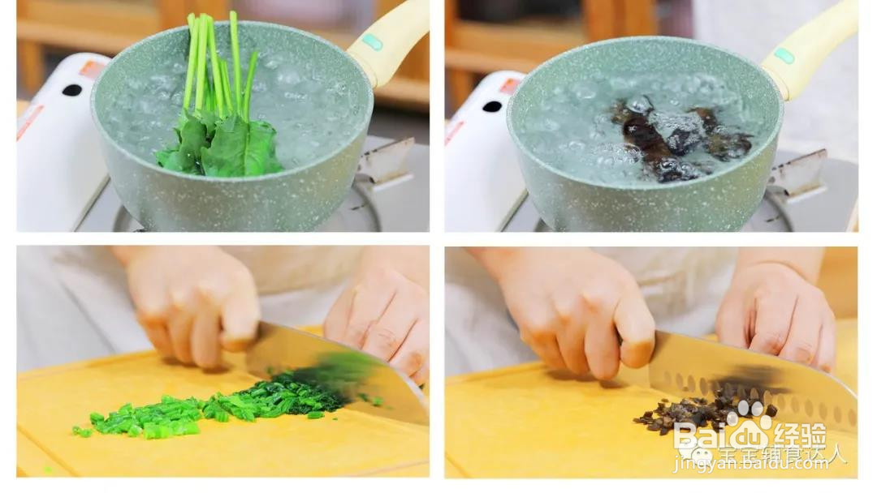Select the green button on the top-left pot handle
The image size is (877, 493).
[371, 41]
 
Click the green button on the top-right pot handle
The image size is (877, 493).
[783, 55]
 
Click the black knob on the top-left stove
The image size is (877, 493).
[71, 90]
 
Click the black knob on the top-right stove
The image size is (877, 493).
[492, 106]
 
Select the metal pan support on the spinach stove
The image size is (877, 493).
[386, 162]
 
